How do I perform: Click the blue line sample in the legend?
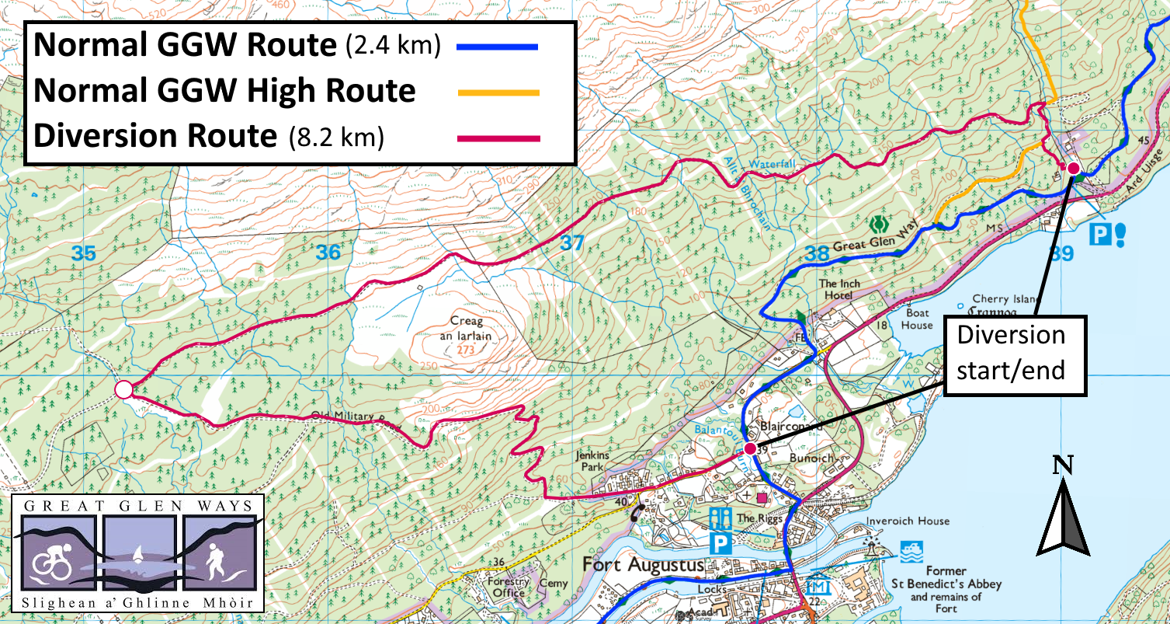click(498, 47)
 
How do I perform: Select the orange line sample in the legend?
click(498, 92)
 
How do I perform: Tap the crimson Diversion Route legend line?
click(498, 138)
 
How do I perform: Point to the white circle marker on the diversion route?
click(123, 390)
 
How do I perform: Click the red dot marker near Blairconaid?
click(750, 449)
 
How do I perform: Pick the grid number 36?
click(328, 252)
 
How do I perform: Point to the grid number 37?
click(571, 243)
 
